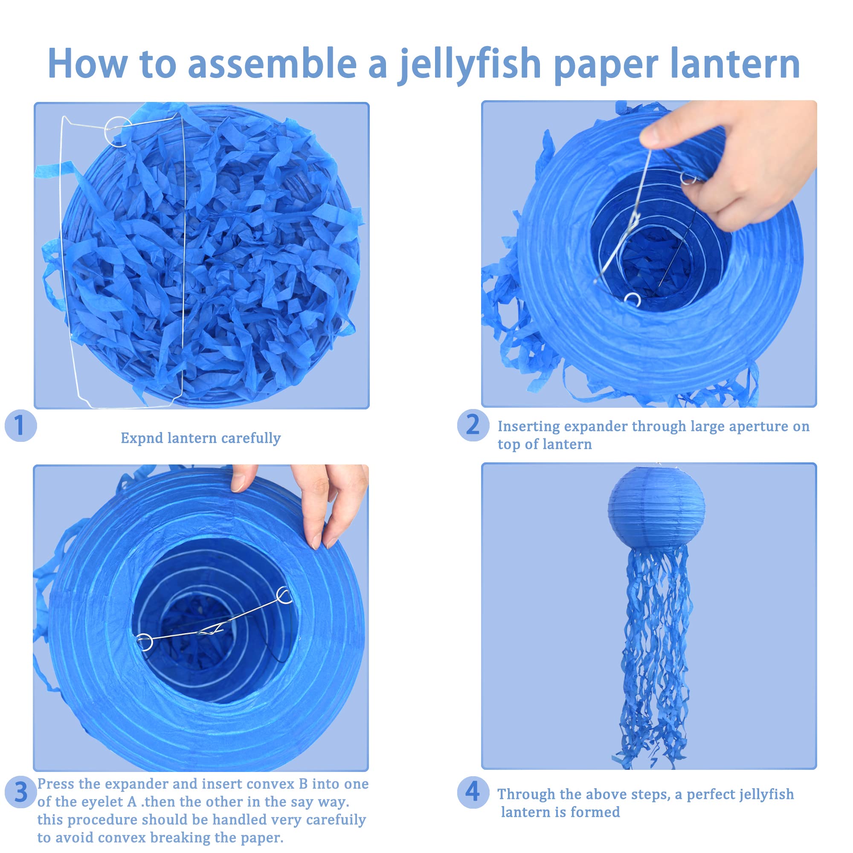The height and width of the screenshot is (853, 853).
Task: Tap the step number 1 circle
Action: tap(20, 426)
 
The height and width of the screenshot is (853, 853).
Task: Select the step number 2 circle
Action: tap(473, 426)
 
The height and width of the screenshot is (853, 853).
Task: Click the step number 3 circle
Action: tap(20, 792)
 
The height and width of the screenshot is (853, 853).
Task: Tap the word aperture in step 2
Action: tap(757, 426)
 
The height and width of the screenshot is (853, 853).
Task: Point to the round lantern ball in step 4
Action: tap(656, 507)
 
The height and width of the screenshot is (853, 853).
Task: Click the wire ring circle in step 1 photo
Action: tap(118, 131)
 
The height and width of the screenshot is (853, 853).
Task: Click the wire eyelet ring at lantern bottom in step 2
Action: tap(632, 299)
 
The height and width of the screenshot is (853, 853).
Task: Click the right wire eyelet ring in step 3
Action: tap(284, 597)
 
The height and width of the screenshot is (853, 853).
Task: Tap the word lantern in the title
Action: tap(735, 64)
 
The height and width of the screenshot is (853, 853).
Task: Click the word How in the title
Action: tap(87, 64)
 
